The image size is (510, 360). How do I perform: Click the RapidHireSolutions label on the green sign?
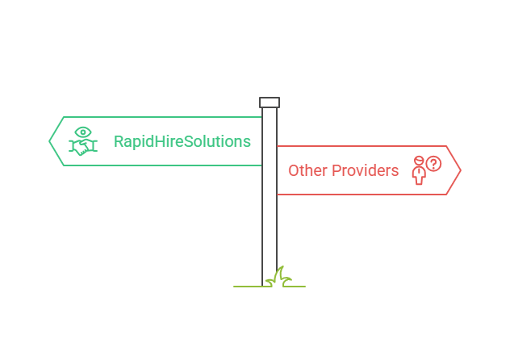point(182,141)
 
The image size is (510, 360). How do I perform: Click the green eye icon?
point(83,132)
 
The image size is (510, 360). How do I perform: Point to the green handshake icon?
point(83,148)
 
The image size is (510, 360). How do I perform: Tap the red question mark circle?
point(434,164)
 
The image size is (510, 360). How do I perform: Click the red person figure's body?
point(418,174)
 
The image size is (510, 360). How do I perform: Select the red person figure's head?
point(418,161)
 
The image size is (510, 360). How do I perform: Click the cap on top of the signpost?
point(270,103)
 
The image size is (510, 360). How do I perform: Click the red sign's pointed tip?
point(458,170)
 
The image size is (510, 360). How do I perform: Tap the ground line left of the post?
point(247,286)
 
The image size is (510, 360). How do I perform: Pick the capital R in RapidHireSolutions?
point(119,141)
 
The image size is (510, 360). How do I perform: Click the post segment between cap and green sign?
point(270,111)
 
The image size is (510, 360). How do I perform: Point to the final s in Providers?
point(395,171)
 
